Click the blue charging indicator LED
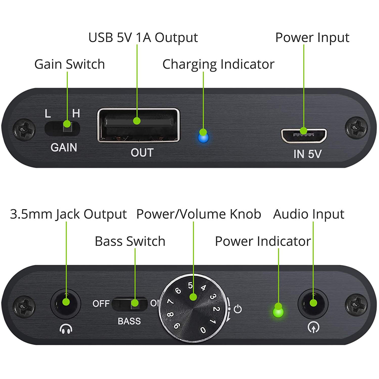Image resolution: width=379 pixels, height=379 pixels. pos(203,138)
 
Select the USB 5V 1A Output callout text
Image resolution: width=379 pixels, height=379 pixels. pos(143,38)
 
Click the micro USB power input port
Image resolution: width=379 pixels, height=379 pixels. pos(304,135)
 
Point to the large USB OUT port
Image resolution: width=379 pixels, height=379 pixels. pos(138,125)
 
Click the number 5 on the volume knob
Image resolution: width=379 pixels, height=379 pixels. pos(190,285)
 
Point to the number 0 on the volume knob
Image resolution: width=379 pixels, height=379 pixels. pos(203,330)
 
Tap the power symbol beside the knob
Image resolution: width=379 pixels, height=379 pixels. pos(238,309)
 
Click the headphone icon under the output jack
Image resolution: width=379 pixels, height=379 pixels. pos(66,329)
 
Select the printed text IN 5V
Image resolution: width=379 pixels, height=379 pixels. pos(307,154)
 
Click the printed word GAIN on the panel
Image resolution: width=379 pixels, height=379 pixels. pos(64,148)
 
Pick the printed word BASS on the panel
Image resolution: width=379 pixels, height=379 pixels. pos(129,321)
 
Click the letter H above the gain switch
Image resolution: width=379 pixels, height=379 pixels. pos(76,113)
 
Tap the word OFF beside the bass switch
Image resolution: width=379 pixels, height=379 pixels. pos(101,303)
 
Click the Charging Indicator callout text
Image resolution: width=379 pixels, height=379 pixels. pos(218,64)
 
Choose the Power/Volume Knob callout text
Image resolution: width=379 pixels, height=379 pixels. pos(199,214)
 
